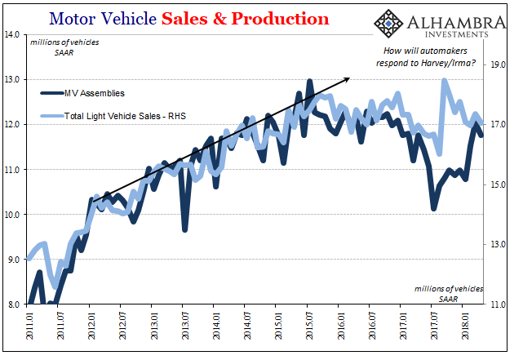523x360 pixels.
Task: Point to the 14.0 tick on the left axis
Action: (14, 34)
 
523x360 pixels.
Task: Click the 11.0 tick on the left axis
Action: (14, 170)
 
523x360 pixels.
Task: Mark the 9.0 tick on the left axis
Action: (14, 260)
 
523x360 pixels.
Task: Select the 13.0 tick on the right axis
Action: (499, 244)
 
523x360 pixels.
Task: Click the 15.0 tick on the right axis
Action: (499, 184)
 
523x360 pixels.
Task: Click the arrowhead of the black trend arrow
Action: (348, 78)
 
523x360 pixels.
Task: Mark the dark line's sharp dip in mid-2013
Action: (185, 229)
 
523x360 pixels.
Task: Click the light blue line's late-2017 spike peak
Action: (444, 81)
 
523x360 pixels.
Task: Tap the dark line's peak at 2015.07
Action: (309, 82)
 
